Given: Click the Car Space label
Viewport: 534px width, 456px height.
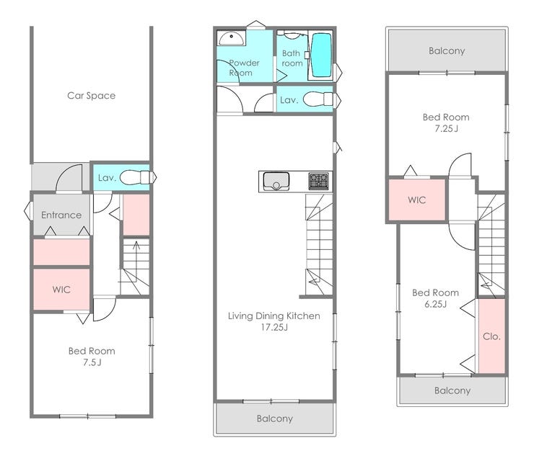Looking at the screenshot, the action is pyautogui.click(x=91, y=96).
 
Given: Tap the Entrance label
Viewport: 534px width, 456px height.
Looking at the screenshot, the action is pyautogui.click(x=61, y=215).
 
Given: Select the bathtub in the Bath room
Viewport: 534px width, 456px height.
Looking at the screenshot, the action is pyautogui.click(x=322, y=55).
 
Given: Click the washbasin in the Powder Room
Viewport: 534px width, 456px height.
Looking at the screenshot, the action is pyautogui.click(x=231, y=38).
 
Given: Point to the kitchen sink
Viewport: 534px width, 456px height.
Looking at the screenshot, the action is pyautogui.click(x=276, y=182).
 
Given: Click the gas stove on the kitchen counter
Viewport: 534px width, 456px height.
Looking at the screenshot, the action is pyautogui.click(x=319, y=182).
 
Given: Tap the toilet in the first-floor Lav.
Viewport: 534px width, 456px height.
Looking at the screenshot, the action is pyautogui.click(x=135, y=177).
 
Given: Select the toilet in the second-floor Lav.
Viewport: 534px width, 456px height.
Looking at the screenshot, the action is pyautogui.click(x=318, y=99).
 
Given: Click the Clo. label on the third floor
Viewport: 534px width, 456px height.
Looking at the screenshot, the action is pyautogui.click(x=491, y=336).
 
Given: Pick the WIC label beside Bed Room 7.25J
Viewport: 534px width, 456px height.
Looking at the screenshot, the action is pyautogui.click(x=417, y=200).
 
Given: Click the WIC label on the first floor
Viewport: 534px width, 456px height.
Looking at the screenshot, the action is pyautogui.click(x=61, y=290).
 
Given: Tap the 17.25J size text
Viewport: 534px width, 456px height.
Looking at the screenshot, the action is pyautogui.click(x=274, y=328).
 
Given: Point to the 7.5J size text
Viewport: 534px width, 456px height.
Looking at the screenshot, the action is pyautogui.click(x=92, y=362).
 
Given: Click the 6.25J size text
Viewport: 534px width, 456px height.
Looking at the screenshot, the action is pyautogui.click(x=436, y=304).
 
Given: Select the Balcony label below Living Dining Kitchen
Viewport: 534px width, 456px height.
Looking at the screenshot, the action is pyautogui.click(x=275, y=419).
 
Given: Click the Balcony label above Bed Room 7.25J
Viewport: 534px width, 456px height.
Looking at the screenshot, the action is pyautogui.click(x=447, y=50).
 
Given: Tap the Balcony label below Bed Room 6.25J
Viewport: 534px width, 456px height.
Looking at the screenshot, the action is pyautogui.click(x=452, y=390).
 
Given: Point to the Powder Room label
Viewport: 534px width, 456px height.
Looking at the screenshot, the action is pyautogui.click(x=244, y=68).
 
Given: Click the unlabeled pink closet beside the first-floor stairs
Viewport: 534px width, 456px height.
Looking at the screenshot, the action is pyautogui.click(x=136, y=215).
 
